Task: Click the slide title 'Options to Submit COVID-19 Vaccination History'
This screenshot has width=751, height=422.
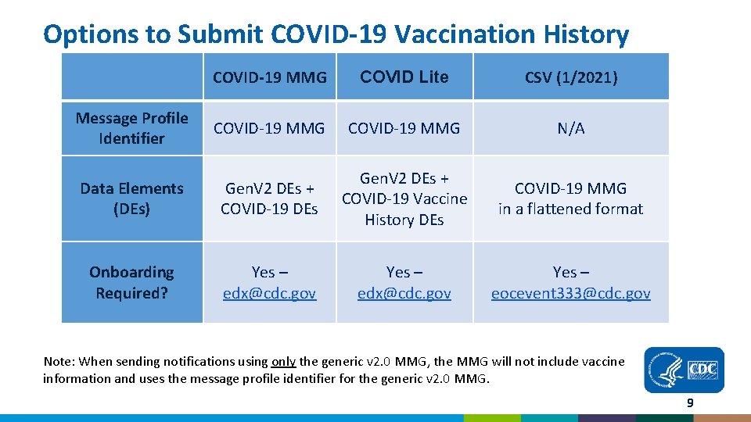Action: pyautogui.click(x=336, y=34)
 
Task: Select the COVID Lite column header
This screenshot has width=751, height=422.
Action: pyautogui.click(x=404, y=77)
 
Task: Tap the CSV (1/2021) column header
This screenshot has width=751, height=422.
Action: pyautogui.click(x=570, y=77)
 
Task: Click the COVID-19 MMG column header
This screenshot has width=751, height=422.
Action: pyautogui.click(x=269, y=77)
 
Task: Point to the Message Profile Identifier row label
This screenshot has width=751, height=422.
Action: pyautogui.click(x=131, y=128)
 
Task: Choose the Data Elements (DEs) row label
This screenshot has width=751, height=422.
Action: pyautogui.click(x=131, y=198)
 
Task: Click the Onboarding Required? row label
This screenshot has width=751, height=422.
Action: pyautogui.click(x=131, y=282)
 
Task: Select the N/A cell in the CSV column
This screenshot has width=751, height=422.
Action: pyautogui.click(x=570, y=128)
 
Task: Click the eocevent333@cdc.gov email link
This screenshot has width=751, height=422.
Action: pyautogui.click(x=570, y=293)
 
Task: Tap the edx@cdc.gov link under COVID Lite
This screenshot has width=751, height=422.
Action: pyautogui.click(x=404, y=293)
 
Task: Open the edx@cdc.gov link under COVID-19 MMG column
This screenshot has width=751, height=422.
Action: pyautogui.click(x=269, y=293)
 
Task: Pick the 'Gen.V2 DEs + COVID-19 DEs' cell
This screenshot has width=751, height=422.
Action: pyautogui.click(x=269, y=198)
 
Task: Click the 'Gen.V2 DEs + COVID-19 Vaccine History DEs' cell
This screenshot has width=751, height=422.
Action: pyautogui.click(x=404, y=198)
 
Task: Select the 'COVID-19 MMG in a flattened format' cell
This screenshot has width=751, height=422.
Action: pyautogui.click(x=570, y=198)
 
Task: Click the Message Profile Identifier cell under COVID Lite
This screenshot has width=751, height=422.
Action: pyautogui.click(x=404, y=128)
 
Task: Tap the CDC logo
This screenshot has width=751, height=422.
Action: pyautogui.click(x=684, y=370)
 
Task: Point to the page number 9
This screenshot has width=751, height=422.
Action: pyautogui.click(x=689, y=403)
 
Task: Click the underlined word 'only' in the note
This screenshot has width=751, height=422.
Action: pyautogui.click(x=282, y=362)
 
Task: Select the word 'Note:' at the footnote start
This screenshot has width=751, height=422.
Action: pyautogui.click(x=59, y=362)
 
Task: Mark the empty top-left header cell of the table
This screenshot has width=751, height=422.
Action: pyautogui.click(x=131, y=77)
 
